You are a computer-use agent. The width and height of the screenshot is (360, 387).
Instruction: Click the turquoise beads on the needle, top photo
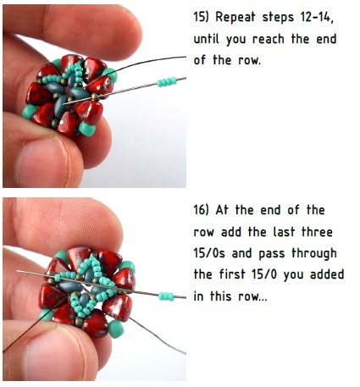166,80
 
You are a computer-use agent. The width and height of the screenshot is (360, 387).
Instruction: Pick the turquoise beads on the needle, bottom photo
169,296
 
